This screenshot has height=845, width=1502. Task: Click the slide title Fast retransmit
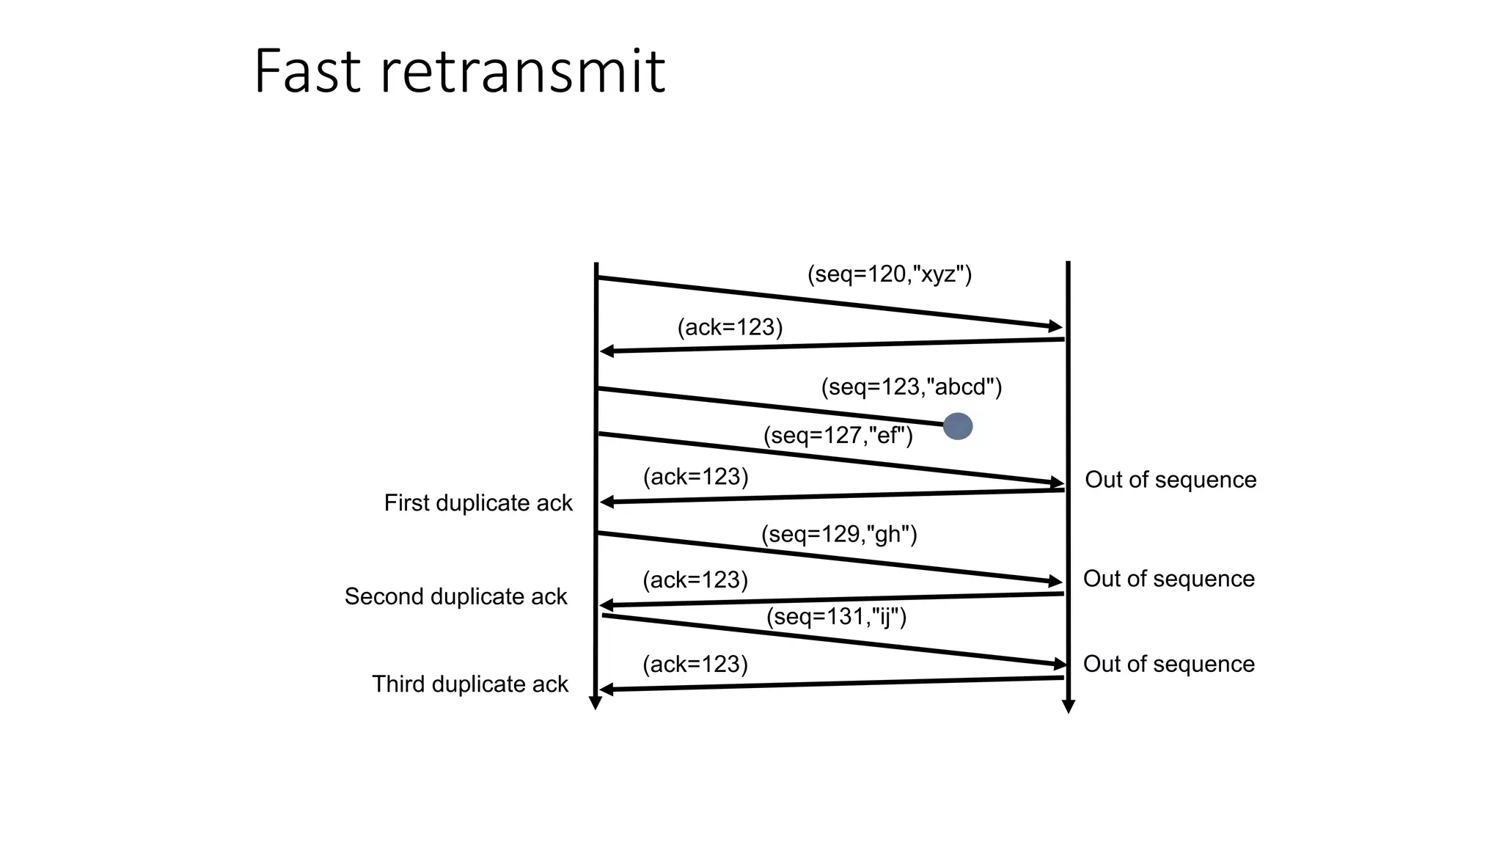(459, 71)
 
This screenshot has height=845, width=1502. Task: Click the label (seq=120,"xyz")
(889, 274)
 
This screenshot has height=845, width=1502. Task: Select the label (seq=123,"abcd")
(911, 387)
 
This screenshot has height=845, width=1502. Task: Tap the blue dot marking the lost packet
(957, 426)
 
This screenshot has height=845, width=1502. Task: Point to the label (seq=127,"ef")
(838, 436)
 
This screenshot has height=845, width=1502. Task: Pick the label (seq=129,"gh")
(838, 534)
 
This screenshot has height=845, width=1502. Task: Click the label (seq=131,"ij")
(836, 616)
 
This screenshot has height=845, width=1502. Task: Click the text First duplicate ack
(477, 503)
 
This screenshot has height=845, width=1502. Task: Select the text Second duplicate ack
(455, 596)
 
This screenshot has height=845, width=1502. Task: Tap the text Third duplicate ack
(469, 684)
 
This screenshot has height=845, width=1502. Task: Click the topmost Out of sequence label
(1170, 480)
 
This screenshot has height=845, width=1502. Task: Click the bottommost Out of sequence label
(1168, 664)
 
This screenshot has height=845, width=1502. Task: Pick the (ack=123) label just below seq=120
(730, 327)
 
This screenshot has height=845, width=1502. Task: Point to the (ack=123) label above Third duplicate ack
(695, 665)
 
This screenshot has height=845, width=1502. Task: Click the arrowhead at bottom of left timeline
(596, 703)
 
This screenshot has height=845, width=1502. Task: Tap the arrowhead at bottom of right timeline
(1069, 706)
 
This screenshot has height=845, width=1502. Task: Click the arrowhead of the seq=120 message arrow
(1056, 326)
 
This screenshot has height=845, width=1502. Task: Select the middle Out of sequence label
(1168, 579)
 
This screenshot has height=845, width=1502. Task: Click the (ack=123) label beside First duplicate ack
(695, 477)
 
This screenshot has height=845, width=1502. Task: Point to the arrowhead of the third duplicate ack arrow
(607, 689)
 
